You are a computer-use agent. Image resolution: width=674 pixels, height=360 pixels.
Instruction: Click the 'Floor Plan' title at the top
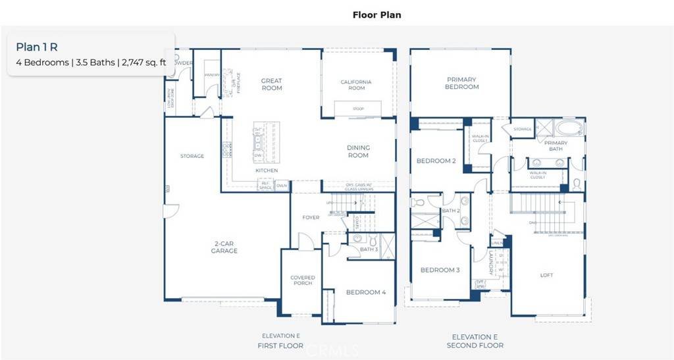coord(376,14)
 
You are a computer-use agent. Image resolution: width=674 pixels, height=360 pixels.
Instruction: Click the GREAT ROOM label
coord(271,84)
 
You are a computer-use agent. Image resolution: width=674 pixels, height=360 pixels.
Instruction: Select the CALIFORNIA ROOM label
coord(356,85)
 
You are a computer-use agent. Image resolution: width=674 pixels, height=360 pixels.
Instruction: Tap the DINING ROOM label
coord(358,151)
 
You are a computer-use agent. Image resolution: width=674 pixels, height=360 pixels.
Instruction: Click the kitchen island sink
coord(258,141)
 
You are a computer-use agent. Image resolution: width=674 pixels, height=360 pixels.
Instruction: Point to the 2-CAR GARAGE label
coord(224,247)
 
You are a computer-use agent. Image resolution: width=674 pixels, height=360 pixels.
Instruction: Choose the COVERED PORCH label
coord(303,281)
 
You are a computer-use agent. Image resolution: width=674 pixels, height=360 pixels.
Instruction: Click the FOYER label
coord(311,217)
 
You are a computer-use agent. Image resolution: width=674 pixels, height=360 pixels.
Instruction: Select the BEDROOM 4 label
coord(365,292)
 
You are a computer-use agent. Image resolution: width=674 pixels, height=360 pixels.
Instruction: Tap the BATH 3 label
coord(369,249)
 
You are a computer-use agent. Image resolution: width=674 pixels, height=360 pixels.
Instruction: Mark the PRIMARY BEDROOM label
coord(461,83)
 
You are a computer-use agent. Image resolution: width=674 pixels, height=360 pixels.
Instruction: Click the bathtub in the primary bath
coord(567,128)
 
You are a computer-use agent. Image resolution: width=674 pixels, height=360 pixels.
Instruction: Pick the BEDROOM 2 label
coord(436,161)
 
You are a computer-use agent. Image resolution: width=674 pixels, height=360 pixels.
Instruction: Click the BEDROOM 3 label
coord(440,270)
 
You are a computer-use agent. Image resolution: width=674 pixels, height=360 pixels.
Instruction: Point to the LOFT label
coord(546,275)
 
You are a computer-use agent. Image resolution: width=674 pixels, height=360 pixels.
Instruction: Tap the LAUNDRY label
coord(491,263)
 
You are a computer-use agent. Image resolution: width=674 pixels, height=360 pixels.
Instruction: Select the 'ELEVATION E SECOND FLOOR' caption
coord(475,341)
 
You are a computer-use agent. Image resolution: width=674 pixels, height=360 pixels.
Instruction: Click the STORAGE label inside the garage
coord(192,156)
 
